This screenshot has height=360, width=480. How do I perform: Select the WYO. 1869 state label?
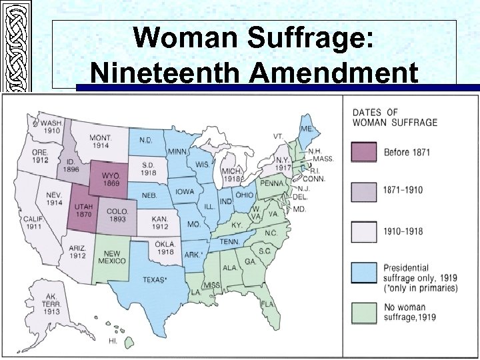tap(110, 179)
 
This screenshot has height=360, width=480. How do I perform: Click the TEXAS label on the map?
tap(154, 280)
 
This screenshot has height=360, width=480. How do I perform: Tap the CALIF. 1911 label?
tap(32, 223)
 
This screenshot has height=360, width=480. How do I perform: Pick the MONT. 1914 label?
tap(101, 141)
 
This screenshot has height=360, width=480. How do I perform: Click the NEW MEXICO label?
tap(113, 257)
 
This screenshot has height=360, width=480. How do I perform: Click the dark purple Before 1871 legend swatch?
tap(363, 153)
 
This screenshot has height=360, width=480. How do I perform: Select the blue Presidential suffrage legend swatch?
tap(363, 272)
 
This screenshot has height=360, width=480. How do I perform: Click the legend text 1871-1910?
tap(403, 190)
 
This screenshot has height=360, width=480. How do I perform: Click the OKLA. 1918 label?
tap(165, 248)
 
